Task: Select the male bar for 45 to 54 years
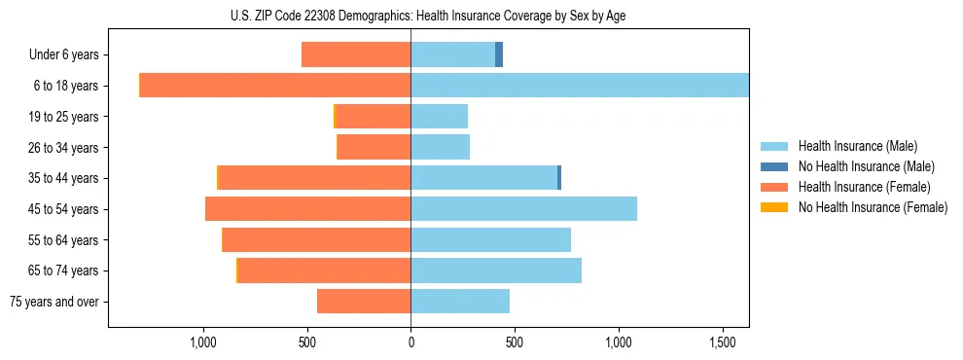(x=523, y=209)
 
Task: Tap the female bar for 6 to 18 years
(x=275, y=86)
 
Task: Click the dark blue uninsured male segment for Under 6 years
(x=499, y=54)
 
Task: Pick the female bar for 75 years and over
(x=364, y=302)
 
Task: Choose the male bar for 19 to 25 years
(x=439, y=117)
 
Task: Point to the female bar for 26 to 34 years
(x=374, y=147)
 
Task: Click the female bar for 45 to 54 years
(x=307, y=209)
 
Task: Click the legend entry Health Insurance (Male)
(x=857, y=146)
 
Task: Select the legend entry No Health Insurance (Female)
(x=873, y=207)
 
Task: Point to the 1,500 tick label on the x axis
(x=723, y=343)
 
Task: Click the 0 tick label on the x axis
(x=410, y=343)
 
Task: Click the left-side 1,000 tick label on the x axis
(x=202, y=343)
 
